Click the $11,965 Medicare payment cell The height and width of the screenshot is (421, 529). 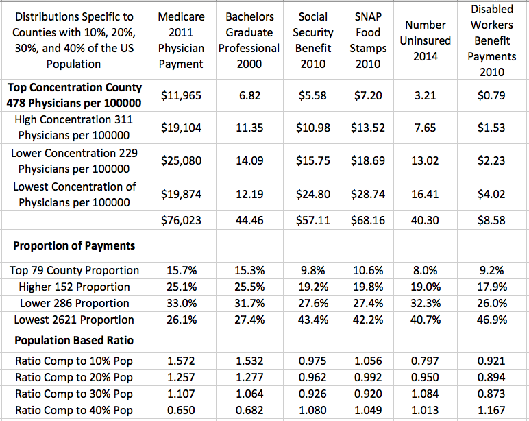tap(181, 95)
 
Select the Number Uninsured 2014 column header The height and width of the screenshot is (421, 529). tap(425, 40)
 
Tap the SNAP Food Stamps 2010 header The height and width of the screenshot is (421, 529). tap(368, 40)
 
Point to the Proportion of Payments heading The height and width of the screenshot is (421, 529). tap(74, 245)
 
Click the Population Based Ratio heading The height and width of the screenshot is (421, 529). tap(74, 340)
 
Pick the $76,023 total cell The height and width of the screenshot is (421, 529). tap(181, 220)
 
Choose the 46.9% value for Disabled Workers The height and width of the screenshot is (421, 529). tap(491, 320)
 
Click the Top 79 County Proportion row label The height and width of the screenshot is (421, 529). tap(74, 270)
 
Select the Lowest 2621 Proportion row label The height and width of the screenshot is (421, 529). tap(74, 320)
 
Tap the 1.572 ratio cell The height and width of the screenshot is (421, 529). tap(181, 361)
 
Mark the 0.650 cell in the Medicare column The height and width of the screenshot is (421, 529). tap(181, 410)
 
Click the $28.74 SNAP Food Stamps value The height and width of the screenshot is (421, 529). tap(368, 194)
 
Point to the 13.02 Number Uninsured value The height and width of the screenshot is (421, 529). tap(425, 160)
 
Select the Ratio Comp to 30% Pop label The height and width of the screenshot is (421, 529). tap(74, 394)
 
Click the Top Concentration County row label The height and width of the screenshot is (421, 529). tap(74, 95)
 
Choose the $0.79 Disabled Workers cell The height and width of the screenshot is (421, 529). tap(491, 95)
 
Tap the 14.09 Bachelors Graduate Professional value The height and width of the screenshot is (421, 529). tap(249, 160)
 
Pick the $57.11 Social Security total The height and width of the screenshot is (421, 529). tap(313, 220)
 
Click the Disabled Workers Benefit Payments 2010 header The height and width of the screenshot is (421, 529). tap(491, 40)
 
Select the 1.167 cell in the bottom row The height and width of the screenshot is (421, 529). tap(491, 410)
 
